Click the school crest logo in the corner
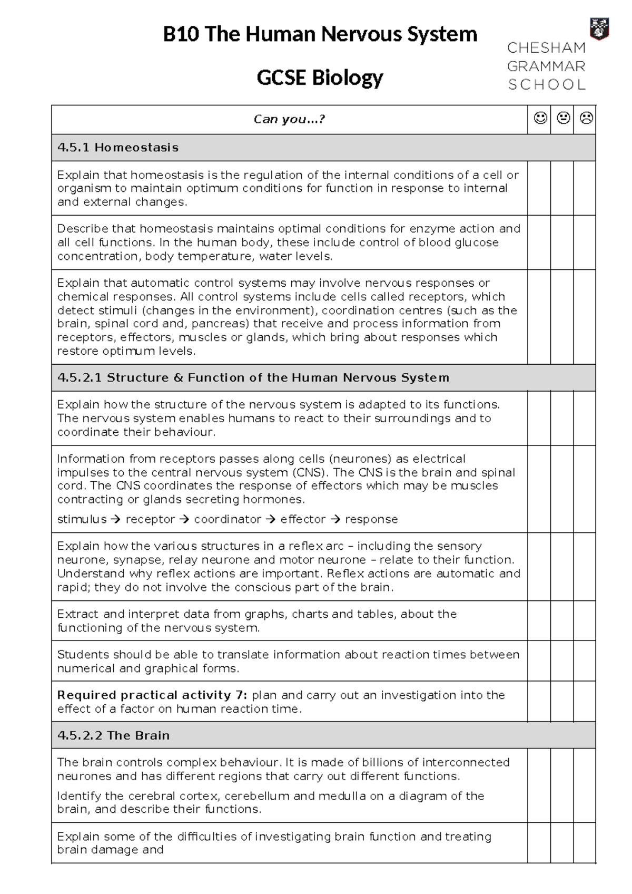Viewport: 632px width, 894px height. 598,28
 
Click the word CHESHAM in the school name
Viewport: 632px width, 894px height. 546,48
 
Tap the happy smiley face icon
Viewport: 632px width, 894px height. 540,119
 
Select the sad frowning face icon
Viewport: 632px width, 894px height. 586,119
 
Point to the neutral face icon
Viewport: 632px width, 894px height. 563,119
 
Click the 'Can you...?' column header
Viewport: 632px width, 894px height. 289,119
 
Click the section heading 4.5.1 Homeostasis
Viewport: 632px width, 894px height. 118,148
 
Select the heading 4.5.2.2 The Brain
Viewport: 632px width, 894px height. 113,735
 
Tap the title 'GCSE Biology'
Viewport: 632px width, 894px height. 320,78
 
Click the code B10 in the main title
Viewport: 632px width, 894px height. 181,35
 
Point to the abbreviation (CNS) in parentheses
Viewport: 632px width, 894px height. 308,472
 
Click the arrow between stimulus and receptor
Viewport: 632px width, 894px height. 116,519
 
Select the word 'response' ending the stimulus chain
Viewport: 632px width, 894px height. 371,519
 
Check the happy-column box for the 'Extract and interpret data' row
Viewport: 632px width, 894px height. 539,620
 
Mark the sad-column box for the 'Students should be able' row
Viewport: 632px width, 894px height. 585,661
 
